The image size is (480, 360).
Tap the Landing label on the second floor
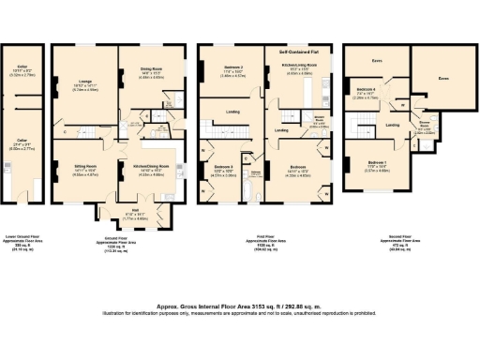point(395,124)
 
